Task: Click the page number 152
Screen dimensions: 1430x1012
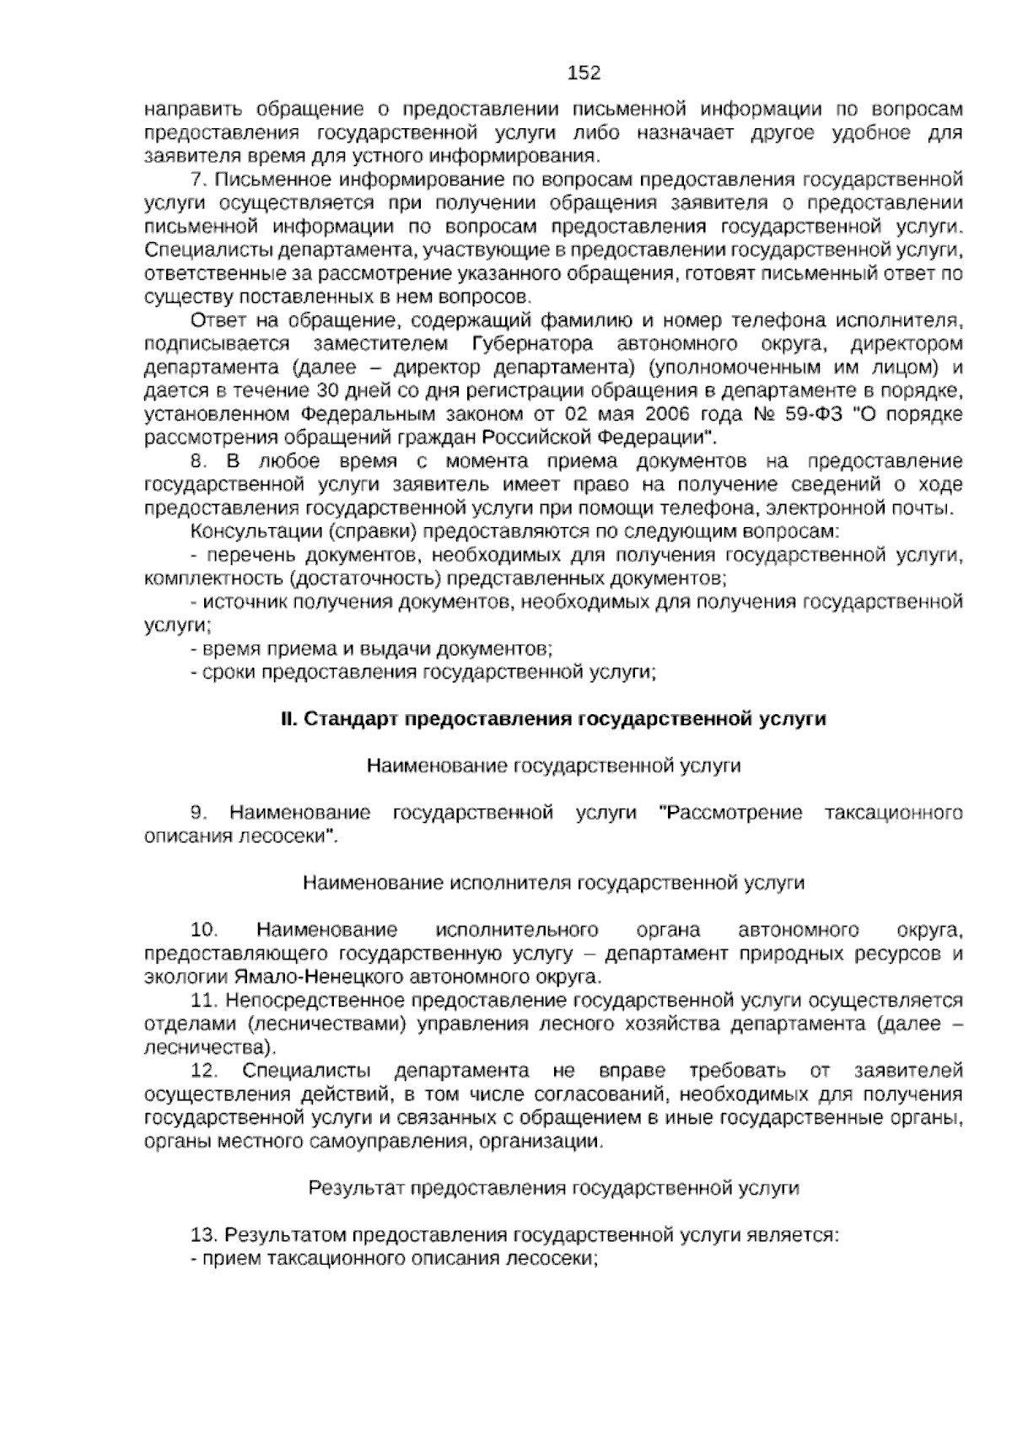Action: click(584, 73)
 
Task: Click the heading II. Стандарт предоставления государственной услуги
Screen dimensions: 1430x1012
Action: click(553, 719)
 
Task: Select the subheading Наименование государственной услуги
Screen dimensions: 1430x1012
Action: click(553, 766)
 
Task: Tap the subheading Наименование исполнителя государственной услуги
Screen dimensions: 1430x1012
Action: click(553, 883)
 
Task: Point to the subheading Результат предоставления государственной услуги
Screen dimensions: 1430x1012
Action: click(553, 1188)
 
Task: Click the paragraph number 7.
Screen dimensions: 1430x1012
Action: click(199, 180)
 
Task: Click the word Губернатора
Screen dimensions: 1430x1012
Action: click(527, 344)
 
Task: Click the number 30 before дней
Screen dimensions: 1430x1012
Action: click(327, 391)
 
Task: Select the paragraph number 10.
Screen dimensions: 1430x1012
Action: click(204, 930)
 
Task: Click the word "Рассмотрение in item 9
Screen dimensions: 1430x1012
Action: click(729, 813)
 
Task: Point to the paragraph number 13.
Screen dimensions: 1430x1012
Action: click(204, 1235)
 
